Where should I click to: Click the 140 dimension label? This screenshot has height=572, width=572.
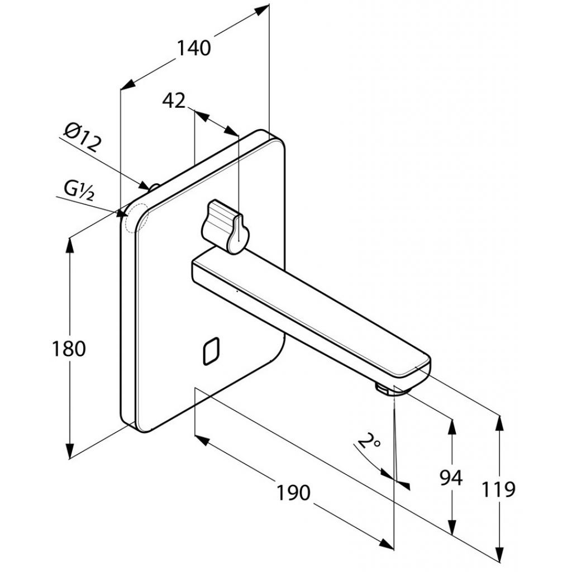[194, 49]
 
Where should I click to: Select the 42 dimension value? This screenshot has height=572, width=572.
[173, 101]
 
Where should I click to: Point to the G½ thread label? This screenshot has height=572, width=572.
[78, 189]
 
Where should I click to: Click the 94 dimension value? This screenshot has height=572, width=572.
[450, 479]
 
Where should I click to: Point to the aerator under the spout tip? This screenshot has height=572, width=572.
[384, 388]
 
